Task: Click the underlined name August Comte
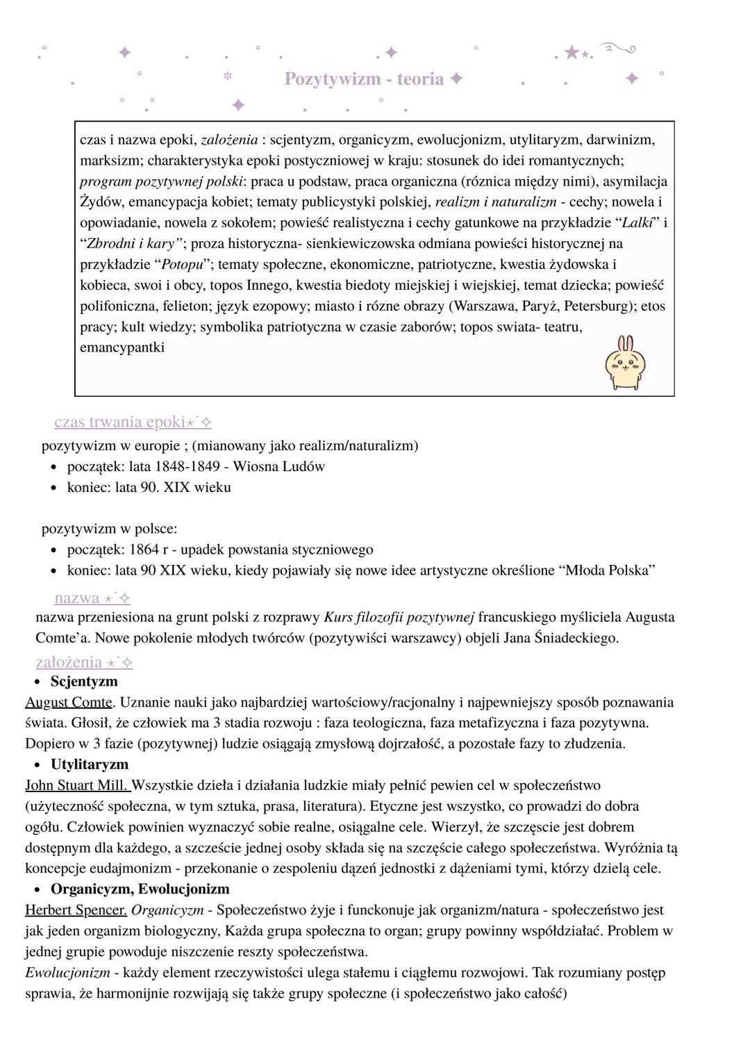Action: [x=69, y=702]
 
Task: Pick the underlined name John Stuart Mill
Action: [x=77, y=785]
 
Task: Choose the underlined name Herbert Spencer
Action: [x=76, y=910]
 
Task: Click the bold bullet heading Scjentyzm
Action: [x=84, y=682]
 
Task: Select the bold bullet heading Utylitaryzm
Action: [x=90, y=764]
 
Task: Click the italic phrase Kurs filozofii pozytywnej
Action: [x=399, y=617]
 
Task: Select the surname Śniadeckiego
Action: [x=576, y=638]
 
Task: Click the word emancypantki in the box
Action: [x=122, y=347]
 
